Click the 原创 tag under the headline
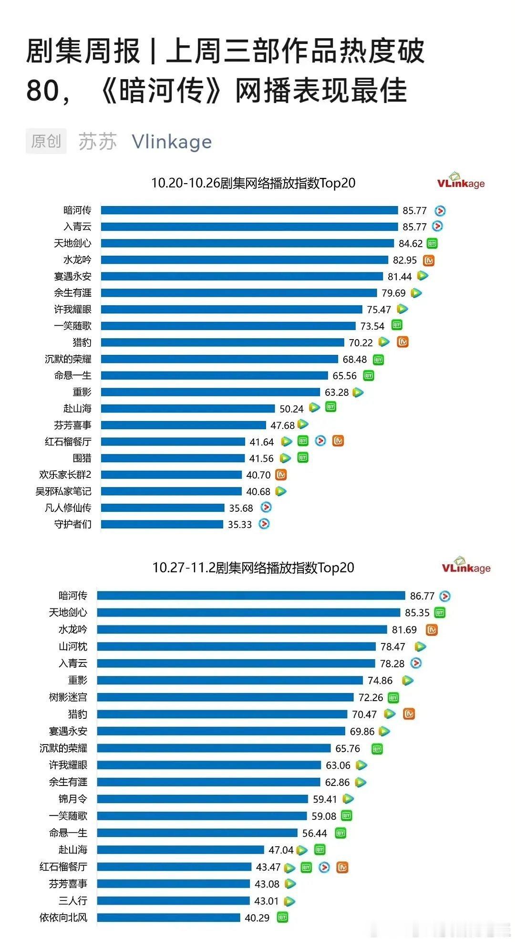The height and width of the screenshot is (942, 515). pos(46,141)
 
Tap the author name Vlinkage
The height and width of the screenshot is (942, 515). pos(172,142)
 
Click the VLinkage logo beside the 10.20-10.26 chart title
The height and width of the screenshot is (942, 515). pos(461,181)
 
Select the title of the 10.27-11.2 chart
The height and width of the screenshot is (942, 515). pos(253,568)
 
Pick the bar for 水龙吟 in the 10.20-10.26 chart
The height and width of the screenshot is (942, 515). pos(244,260)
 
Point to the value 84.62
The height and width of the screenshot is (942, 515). pos(411,244)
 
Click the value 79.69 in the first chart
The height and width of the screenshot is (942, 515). pos(393,293)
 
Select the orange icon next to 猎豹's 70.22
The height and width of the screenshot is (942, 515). pos(403,342)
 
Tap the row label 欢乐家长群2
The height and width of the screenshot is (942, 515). pos(65,475)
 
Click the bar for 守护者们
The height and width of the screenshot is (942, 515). pos(162,524)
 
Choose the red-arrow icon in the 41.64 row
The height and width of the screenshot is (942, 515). pos(320,441)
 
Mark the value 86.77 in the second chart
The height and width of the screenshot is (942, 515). pos(422,596)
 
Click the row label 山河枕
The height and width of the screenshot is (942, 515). pos(73,647)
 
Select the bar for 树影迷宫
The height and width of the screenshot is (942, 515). pos(225,697)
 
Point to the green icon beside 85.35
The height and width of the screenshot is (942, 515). pos(440,612)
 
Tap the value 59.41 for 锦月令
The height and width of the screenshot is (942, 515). pos(325,799)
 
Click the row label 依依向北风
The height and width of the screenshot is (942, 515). pos(63,918)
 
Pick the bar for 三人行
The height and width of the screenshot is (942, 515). pos(173,901)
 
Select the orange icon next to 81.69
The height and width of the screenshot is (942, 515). pos(432,630)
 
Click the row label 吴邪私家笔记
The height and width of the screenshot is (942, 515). pos(63,491)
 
